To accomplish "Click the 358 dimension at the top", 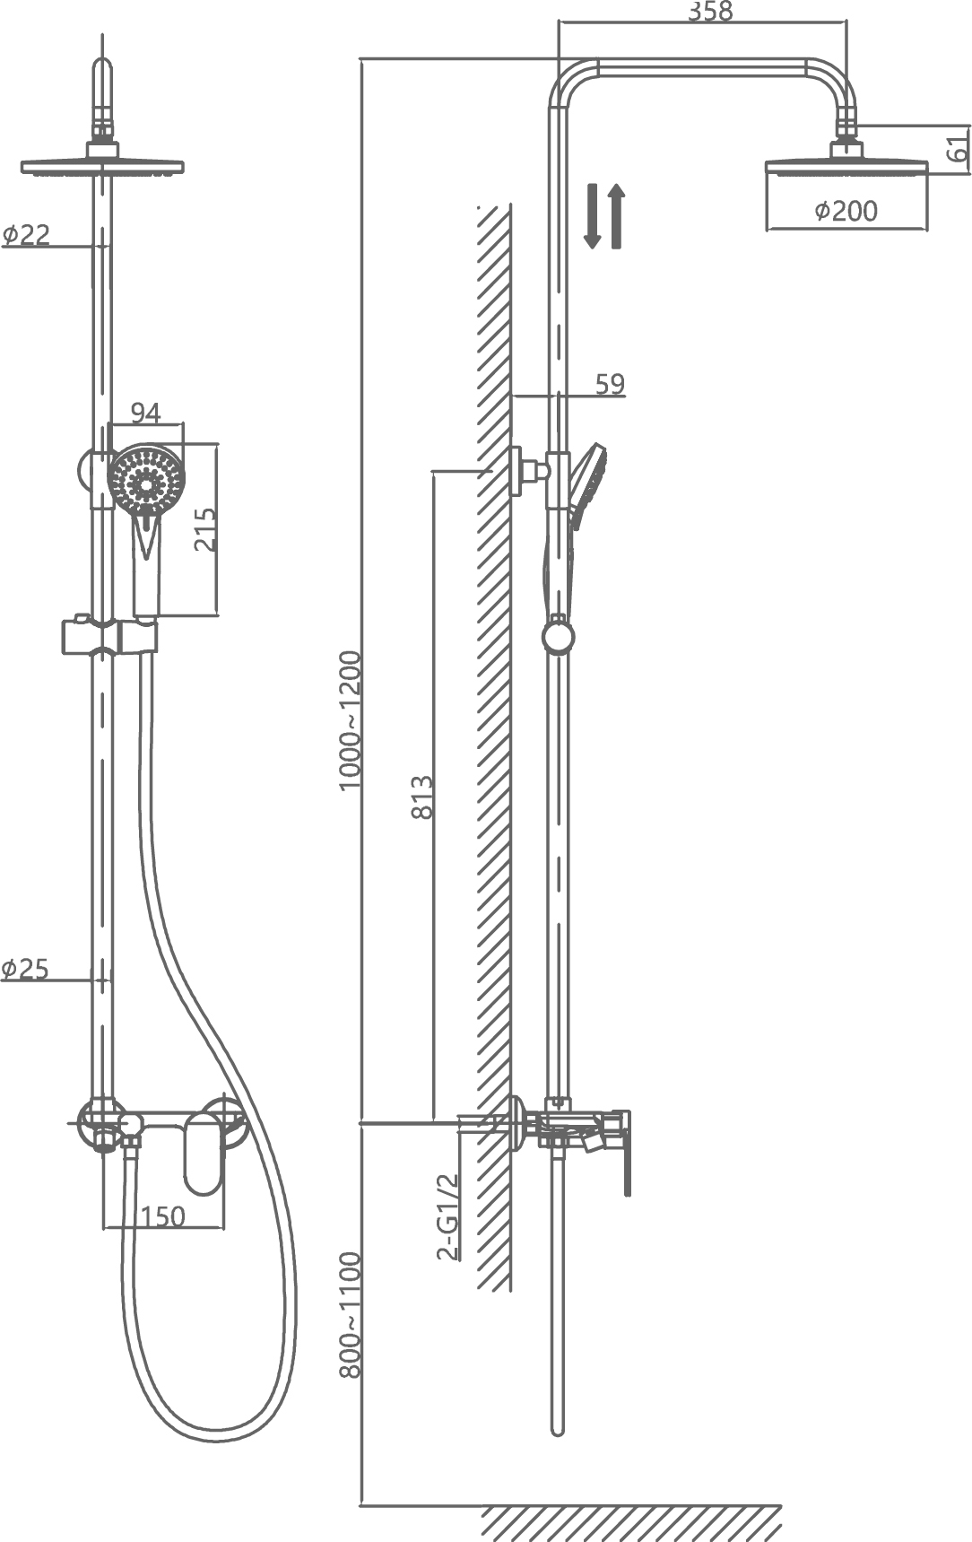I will click(710, 11).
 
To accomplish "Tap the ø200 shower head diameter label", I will click(846, 211).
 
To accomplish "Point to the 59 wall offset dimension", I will click(610, 383).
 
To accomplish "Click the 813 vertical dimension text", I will click(421, 796).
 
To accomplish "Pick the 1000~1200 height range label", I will click(350, 719).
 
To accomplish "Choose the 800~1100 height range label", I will click(350, 1315).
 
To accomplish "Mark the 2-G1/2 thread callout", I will click(447, 1215).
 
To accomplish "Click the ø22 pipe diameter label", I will click(26, 234).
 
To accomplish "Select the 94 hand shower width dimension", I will click(145, 412).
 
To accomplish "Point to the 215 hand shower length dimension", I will click(205, 529).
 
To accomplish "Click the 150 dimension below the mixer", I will click(164, 1215).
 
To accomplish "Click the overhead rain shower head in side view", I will click(846, 167).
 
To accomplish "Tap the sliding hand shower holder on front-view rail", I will click(109, 636).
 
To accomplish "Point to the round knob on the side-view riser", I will click(558, 636).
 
